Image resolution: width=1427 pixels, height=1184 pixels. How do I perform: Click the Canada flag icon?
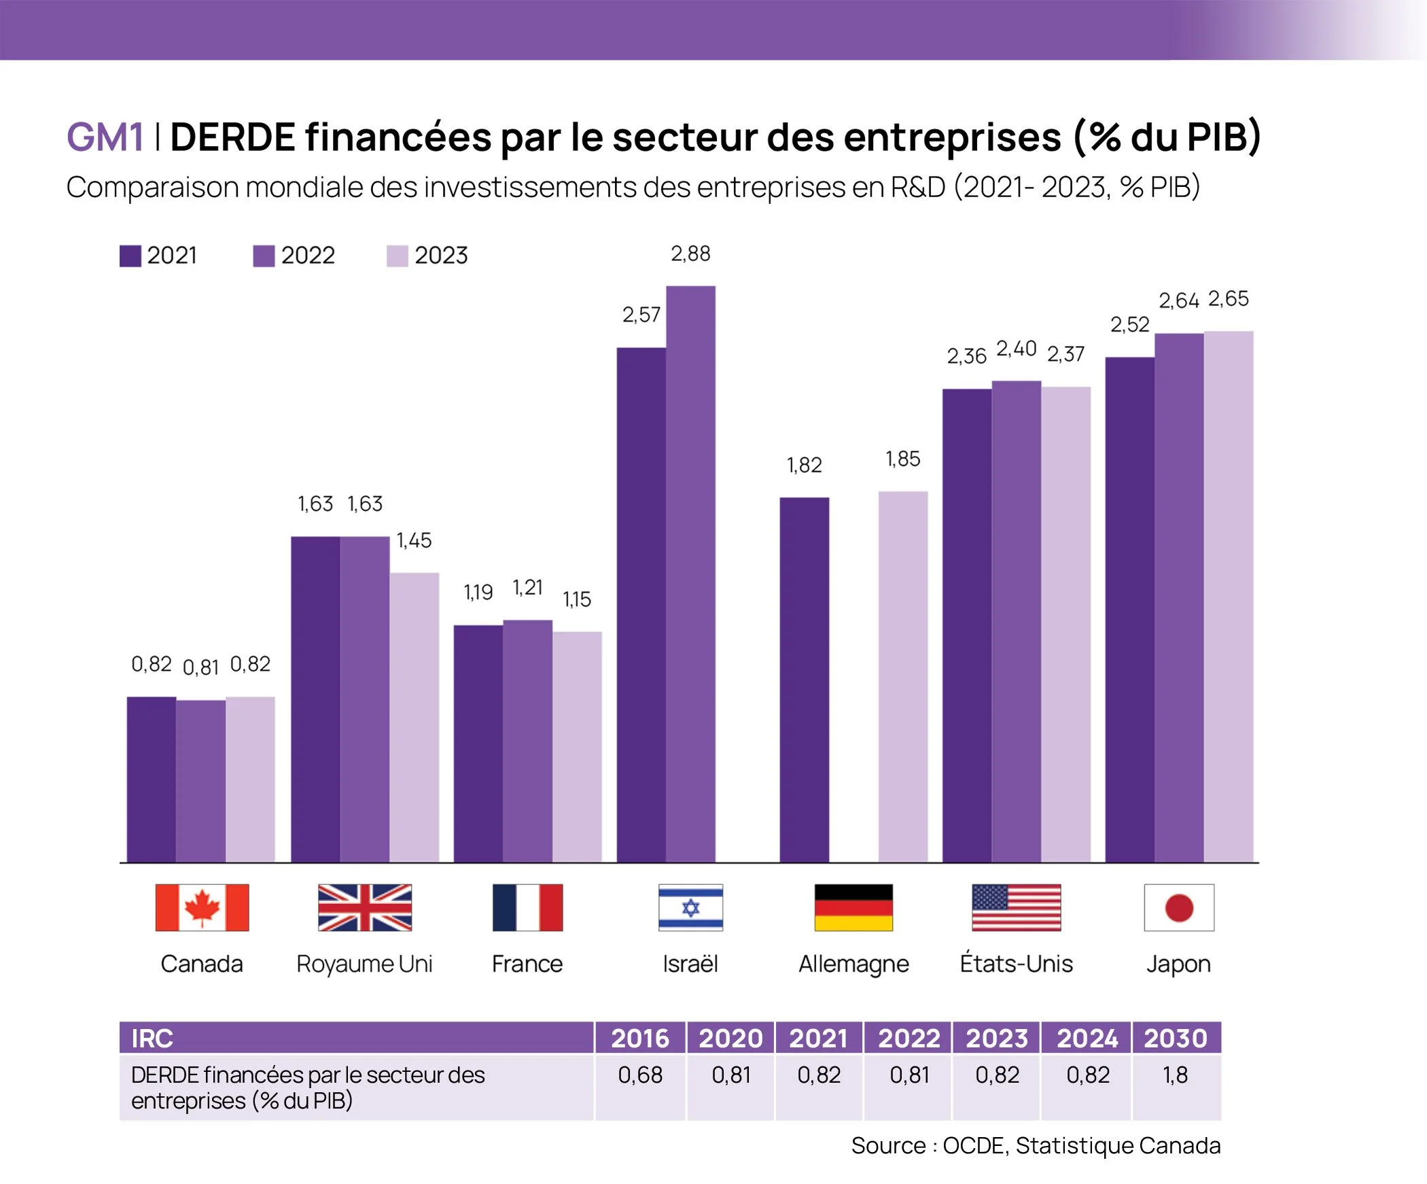click(x=202, y=907)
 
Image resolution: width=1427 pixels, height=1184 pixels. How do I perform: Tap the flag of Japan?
click(x=1179, y=907)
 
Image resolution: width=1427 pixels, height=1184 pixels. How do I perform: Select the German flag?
click(x=853, y=907)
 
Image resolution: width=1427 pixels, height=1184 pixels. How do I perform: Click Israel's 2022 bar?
click(x=690, y=574)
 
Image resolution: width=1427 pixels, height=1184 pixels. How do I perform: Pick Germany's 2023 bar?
click(x=902, y=676)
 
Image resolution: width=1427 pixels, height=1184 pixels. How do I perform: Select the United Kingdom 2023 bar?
click(x=414, y=717)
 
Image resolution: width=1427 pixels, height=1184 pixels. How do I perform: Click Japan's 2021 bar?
click(x=1129, y=610)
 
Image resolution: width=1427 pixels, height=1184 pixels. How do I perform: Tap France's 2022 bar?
click(x=527, y=741)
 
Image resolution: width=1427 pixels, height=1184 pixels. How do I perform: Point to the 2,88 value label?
click(x=690, y=254)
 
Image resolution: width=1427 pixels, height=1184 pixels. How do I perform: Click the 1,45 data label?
click(x=414, y=540)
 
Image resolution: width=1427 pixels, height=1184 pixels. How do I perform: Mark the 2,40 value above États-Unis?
click(x=1016, y=349)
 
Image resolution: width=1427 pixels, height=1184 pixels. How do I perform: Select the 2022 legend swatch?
click(x=264, y=256)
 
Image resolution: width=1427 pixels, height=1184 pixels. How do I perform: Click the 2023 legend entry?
click(x=427, y=256)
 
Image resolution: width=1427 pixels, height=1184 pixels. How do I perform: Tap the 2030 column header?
click(x=1176, y=1038)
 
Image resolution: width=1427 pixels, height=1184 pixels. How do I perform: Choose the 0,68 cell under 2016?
click(x=639, y=1075)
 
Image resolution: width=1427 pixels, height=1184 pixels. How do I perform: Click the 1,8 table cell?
click(x=1176, y=1075)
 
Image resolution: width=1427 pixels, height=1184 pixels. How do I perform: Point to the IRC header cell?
click(x=356, y=1038)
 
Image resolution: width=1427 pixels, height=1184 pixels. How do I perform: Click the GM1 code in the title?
click(x=105, y=137)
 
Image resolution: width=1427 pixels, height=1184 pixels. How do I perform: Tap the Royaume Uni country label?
click(x=364, y=964)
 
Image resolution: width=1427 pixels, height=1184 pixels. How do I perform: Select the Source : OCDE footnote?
click(x=1036, y=1145)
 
